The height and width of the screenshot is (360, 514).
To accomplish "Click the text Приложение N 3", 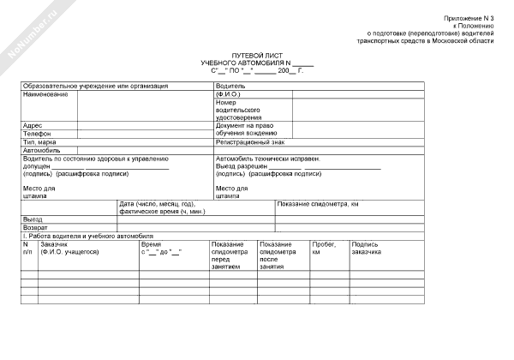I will (x=469, y=18).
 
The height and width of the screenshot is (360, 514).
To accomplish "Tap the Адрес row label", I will (x=33, y=125).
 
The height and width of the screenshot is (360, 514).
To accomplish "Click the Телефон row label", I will (x=37, y=134).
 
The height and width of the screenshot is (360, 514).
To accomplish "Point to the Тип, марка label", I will (x=39, y=142).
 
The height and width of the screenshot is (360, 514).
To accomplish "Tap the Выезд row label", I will (x=33, y=219).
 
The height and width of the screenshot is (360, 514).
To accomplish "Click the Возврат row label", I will (x=35, y=228).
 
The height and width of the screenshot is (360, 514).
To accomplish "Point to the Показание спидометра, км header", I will (x=318, y=204).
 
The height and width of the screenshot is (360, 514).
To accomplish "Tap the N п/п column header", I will (x=27, y=249).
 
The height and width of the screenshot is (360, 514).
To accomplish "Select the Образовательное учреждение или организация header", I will (x=95, y=86).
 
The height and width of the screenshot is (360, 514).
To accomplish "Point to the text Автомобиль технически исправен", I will (x=267, y=159).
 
